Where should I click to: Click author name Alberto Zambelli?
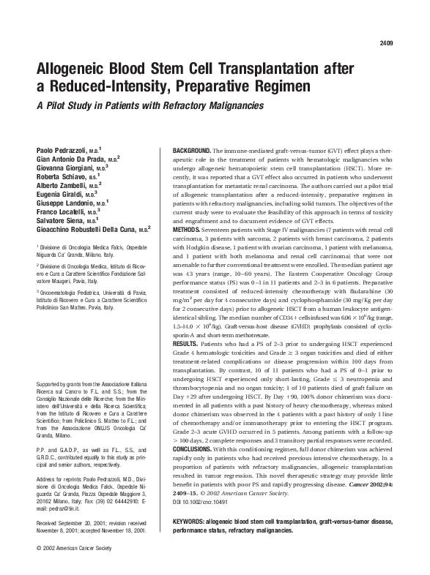pyautogui.click(x=65, y=187)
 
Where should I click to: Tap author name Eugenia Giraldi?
pyautogui.click(x=64, y=196)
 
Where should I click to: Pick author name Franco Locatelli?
pyautogui.click(x=64, y=215)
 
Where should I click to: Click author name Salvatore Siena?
pyautogui.click(x=62, y=225)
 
